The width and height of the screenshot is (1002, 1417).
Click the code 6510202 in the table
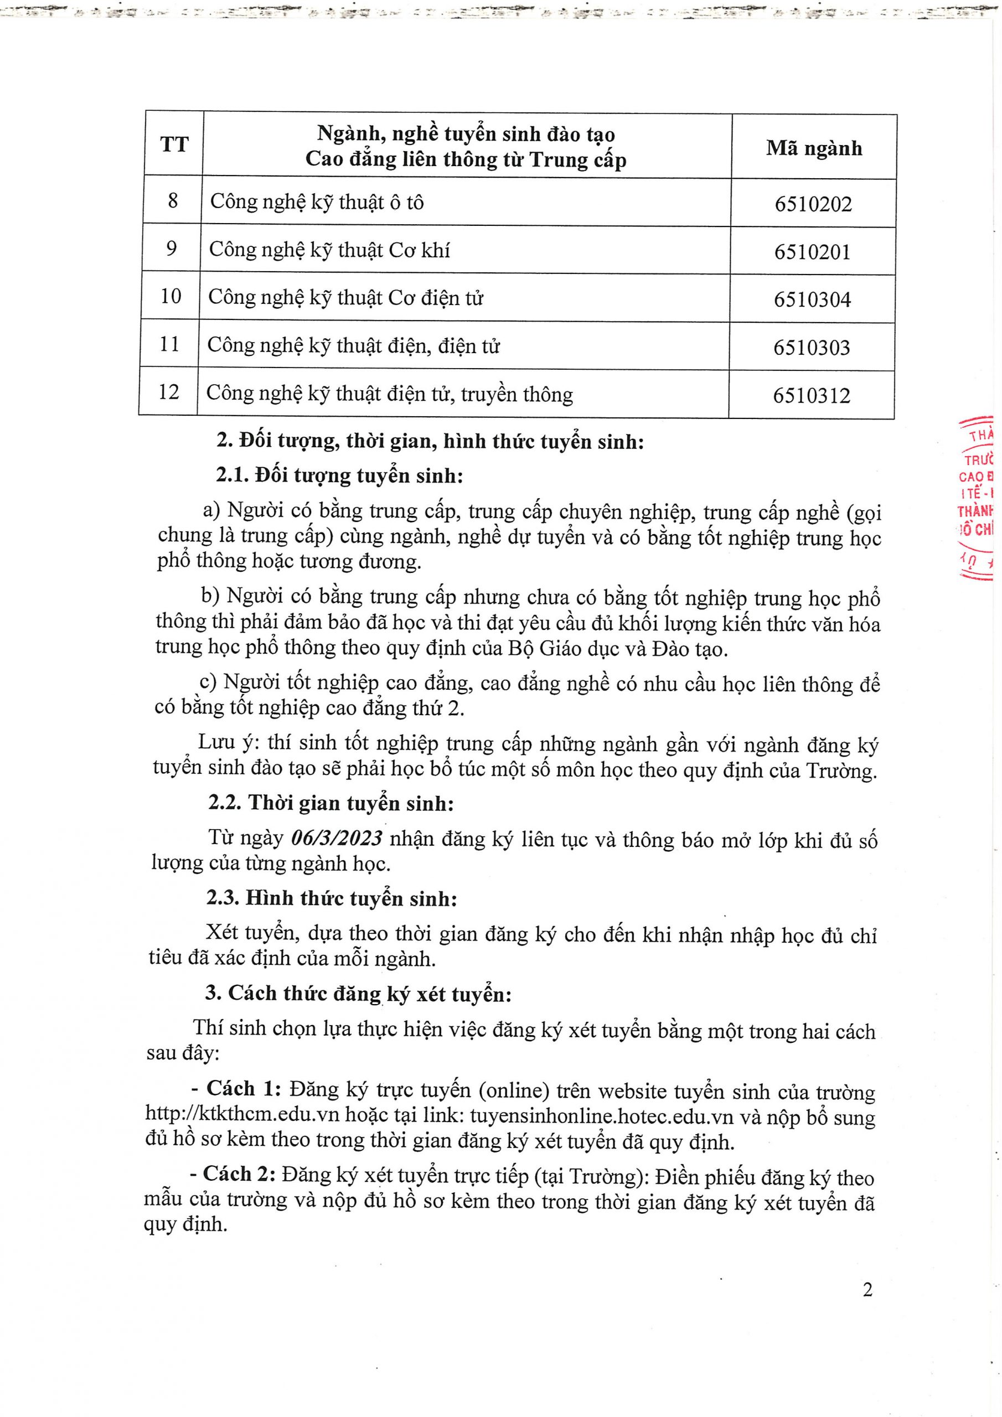(x=813, y=204)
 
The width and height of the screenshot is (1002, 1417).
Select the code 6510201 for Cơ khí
(x=813, y=252)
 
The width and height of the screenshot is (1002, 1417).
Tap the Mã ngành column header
(x=814, y=148)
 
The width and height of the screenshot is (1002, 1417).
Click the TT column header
(x=174, y=145)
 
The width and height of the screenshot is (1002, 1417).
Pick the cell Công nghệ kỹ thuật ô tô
(x=317, y=203)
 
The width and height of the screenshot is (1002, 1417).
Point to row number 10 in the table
(x=171, y=296)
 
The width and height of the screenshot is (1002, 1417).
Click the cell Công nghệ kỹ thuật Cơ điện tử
(x=346, y=298)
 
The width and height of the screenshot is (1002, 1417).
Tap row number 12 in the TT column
(x=168, y=392)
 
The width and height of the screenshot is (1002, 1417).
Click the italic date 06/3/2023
(x=337, y=839)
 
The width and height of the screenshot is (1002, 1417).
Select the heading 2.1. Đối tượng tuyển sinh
(x=339, y=476)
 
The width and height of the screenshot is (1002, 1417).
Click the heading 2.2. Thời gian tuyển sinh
(x=331, y=804)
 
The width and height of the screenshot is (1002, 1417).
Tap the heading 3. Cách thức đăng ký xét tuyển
(x=358, y=993)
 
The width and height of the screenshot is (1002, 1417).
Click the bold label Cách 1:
(x=244, y=1088)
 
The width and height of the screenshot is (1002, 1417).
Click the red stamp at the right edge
(x=977, y=500)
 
